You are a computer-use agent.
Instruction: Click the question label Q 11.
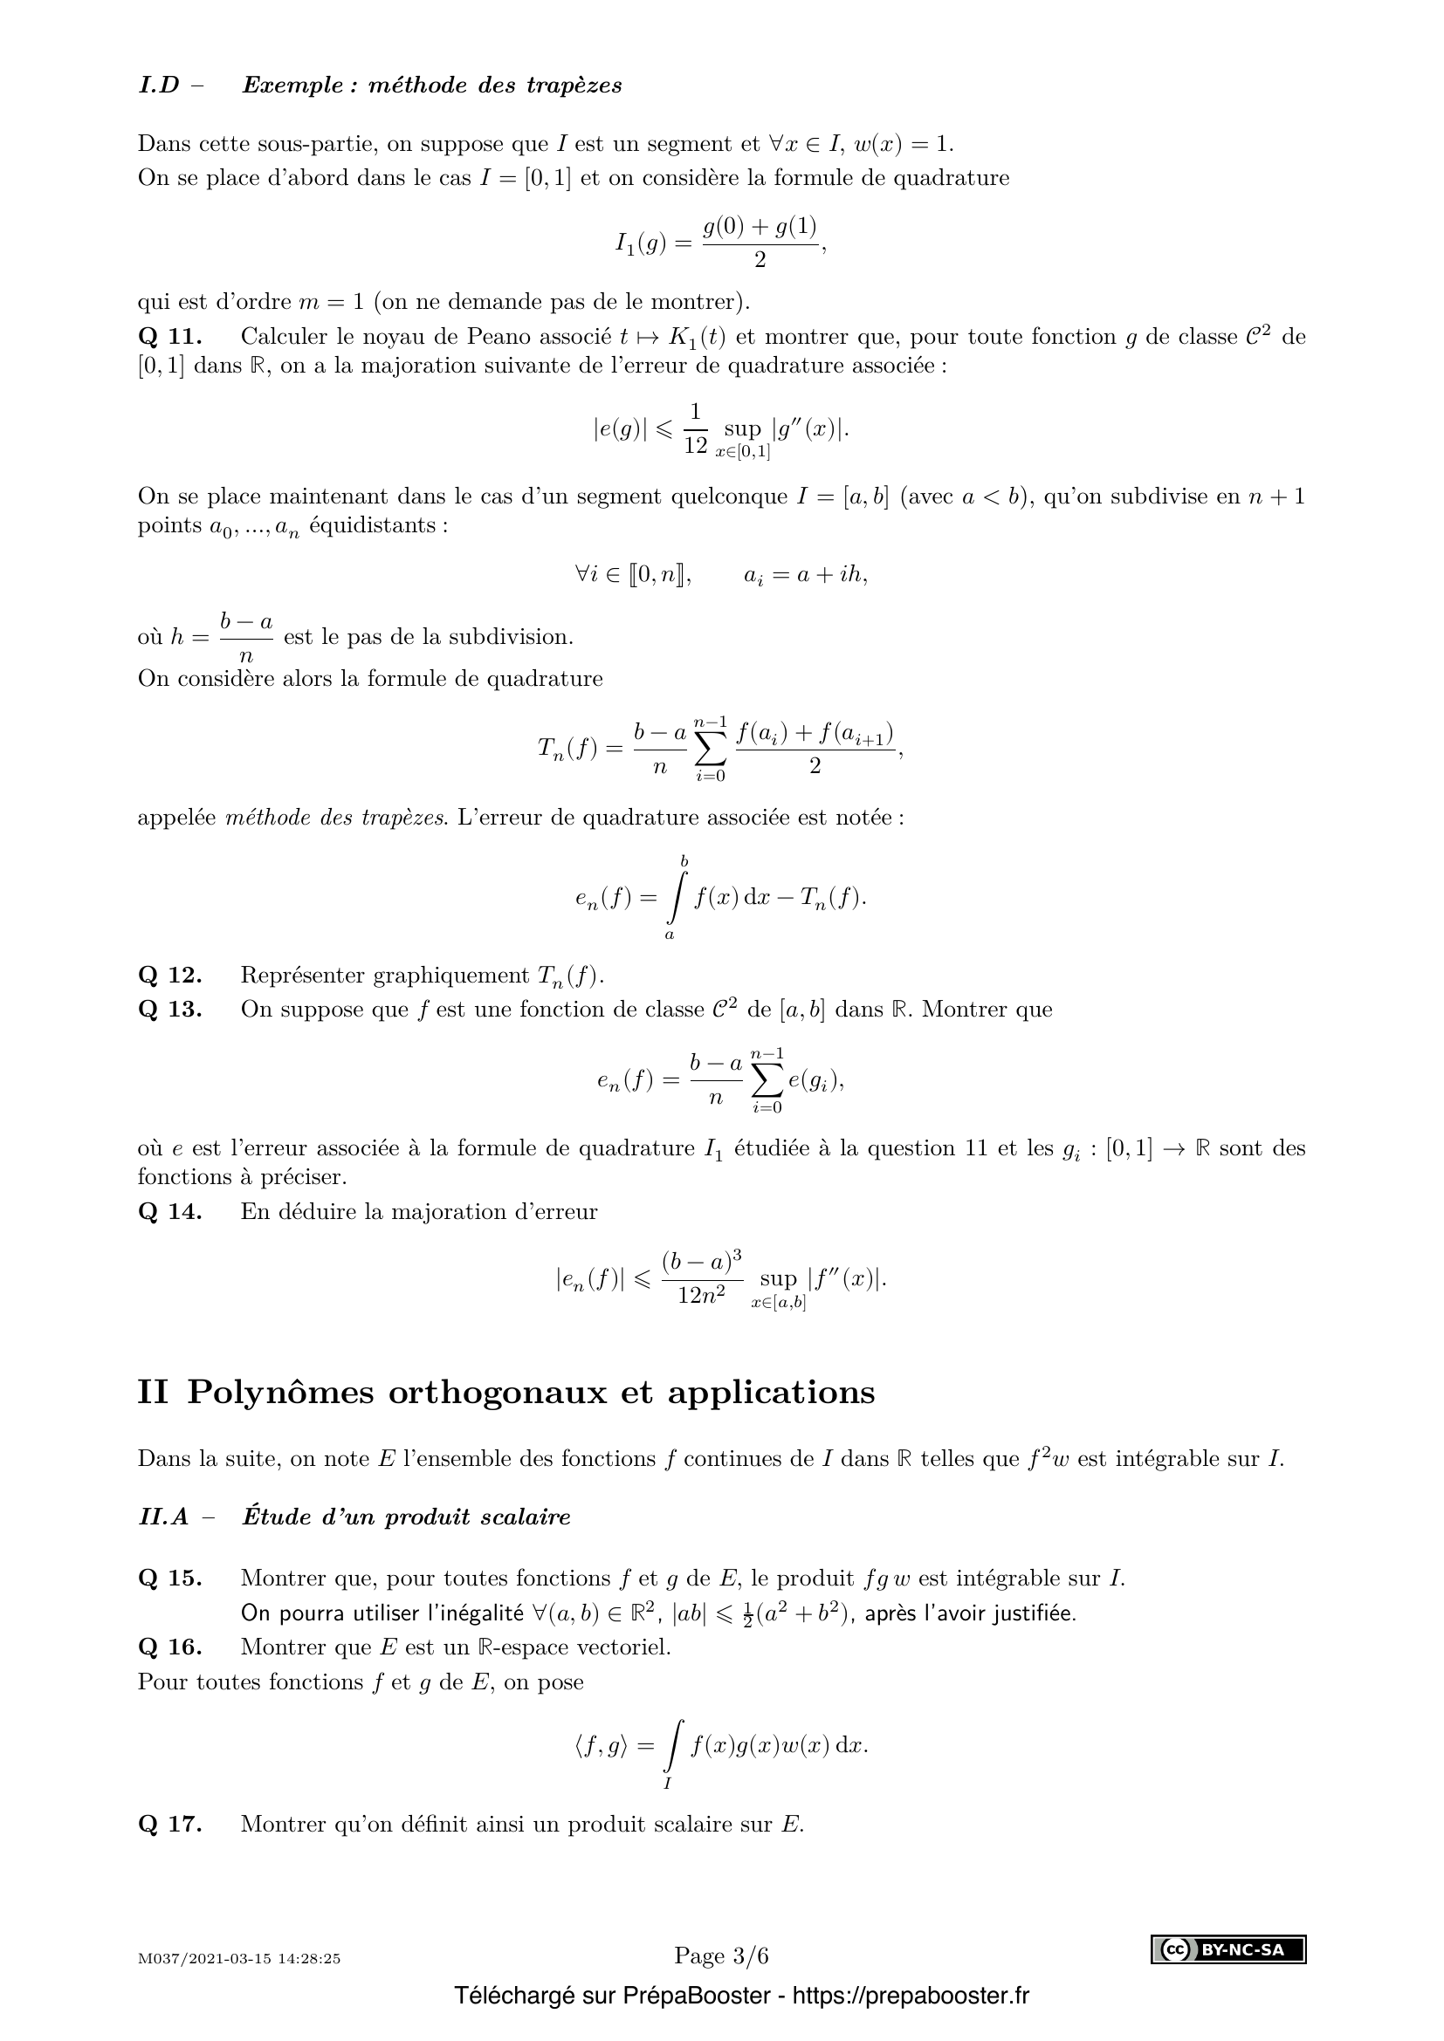170,337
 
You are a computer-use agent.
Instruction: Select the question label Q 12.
170,976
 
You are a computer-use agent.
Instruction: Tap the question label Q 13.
170,1010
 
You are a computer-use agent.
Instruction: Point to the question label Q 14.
170,1212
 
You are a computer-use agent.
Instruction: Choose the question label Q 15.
170,1579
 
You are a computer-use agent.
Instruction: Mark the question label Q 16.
170,1647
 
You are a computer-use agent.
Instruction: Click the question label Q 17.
170,1825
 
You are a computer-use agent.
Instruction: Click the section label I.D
159,86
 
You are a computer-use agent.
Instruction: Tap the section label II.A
163,1517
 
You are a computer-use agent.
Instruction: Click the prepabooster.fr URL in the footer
910,1996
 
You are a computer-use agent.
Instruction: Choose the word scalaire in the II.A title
525,1517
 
